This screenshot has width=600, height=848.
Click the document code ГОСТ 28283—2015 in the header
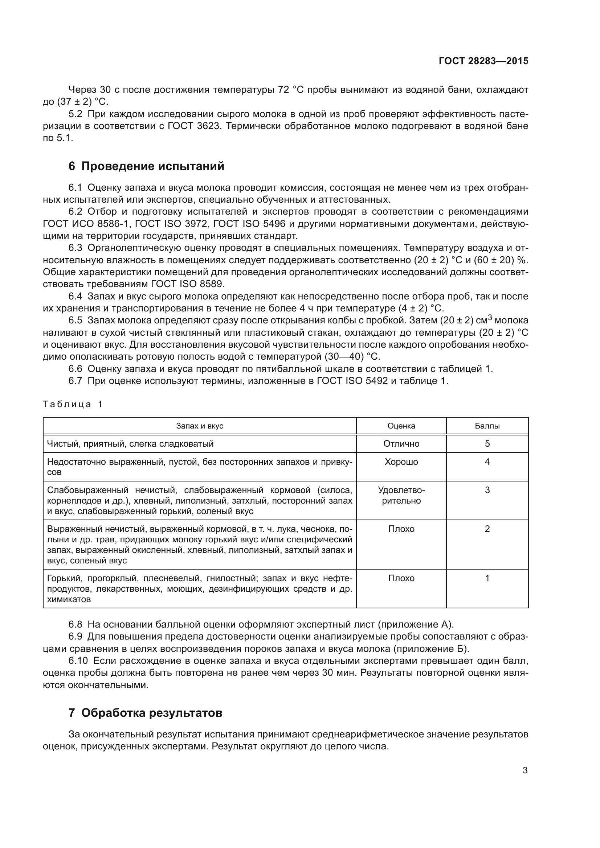(x=483, y=61)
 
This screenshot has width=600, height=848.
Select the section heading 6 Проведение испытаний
(x=146, y=166)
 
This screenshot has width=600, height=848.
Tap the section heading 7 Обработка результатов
(x=145, y=713)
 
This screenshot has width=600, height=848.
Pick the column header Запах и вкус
(x=200, y=426)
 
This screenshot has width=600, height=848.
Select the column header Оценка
(x=401, y=426)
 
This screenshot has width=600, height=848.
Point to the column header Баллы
(x=487, y=426)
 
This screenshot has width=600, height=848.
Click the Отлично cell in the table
(x=401, y=443)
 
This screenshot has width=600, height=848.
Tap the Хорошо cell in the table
(x=401, y=462)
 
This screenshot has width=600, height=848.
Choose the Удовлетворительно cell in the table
(x=401, y=495)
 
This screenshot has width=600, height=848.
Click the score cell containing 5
(x=487, y=443)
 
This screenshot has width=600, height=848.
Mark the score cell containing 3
(x=487, y=490)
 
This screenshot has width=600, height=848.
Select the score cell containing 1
(x=487, y=578)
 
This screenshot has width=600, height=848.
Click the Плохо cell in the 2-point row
(x=401, y=529)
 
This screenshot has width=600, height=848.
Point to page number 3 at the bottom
(x=525, y=770)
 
